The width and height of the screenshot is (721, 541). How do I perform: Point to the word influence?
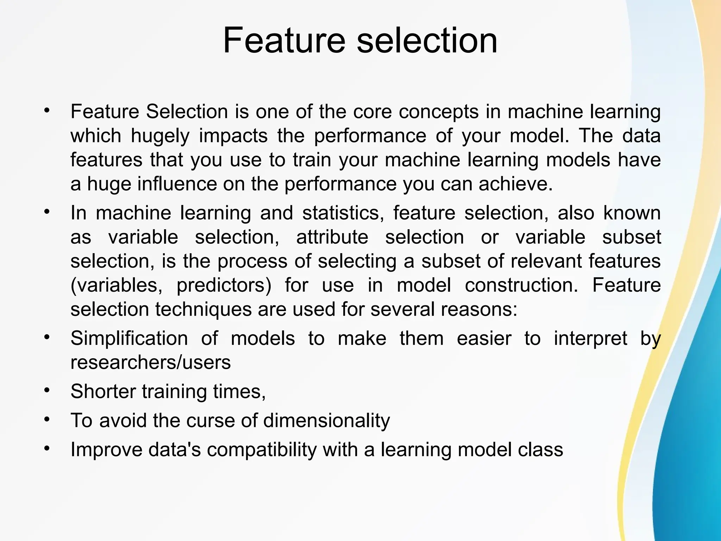[x=177, y=184]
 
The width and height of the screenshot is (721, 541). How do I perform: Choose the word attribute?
[x=332, y=237]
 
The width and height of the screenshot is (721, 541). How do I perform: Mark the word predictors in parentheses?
[x=224, y=285]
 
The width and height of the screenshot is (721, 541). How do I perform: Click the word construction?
[x=521, y=285]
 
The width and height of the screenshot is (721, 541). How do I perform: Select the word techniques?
[x=203, y=309]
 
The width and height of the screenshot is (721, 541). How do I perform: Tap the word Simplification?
[x=129, y=338]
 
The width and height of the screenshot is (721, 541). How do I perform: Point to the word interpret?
[x=590, y=338]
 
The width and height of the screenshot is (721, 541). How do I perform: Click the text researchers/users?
[x=151, y=362]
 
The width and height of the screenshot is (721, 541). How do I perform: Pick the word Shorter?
[x=103, y=391]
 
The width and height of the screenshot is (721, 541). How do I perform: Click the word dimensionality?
[x=326, y=421]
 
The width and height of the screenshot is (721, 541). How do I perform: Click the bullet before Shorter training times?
[x=47, y=390]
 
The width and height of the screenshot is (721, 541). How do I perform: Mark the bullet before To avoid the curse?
[x=47, y=419]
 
